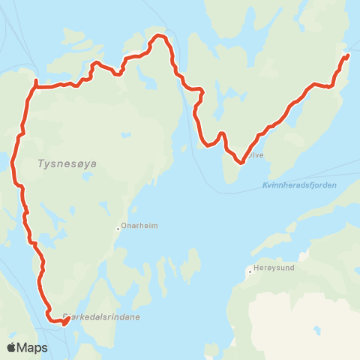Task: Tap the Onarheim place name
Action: (139, 225)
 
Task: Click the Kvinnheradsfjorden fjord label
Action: (300, 185)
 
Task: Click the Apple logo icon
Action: (13, 347)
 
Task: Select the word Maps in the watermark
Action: (34, 347)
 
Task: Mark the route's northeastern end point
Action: (347, 55)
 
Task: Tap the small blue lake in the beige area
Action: (318, 330)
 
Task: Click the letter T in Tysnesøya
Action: (39, 163)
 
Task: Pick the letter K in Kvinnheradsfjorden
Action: (266, 185)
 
